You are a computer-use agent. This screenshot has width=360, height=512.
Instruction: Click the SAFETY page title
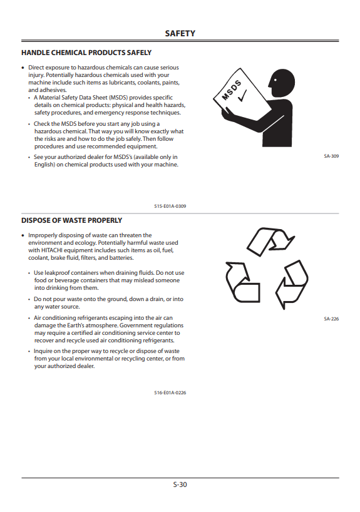pos(180,33)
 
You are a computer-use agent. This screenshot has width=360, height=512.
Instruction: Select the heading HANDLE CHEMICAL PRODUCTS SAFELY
pos(86,53)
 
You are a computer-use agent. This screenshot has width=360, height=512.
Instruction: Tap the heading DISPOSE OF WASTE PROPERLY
pos(71,220)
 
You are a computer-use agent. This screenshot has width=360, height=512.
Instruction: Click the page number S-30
pos(180,484)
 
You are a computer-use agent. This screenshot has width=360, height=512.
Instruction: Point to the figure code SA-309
pos(331,156)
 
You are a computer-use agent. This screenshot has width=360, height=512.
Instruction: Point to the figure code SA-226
pos(331,319)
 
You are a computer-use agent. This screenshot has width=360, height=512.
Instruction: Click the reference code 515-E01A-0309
pos(170,206)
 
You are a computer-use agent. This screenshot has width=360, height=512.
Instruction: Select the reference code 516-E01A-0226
pos(170,392)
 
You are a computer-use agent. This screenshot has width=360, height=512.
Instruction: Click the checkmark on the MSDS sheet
pos(242,96)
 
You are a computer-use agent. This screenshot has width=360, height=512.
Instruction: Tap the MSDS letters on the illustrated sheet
pos(232,90)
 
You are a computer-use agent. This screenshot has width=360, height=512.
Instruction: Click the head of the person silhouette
pos(282,83)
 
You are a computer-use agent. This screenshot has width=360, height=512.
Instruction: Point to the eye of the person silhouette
pos(275,79)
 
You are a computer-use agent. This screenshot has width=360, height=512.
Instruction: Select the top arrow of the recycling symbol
pos(271,242)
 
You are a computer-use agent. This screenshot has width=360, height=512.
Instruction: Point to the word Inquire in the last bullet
pos(43,351)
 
